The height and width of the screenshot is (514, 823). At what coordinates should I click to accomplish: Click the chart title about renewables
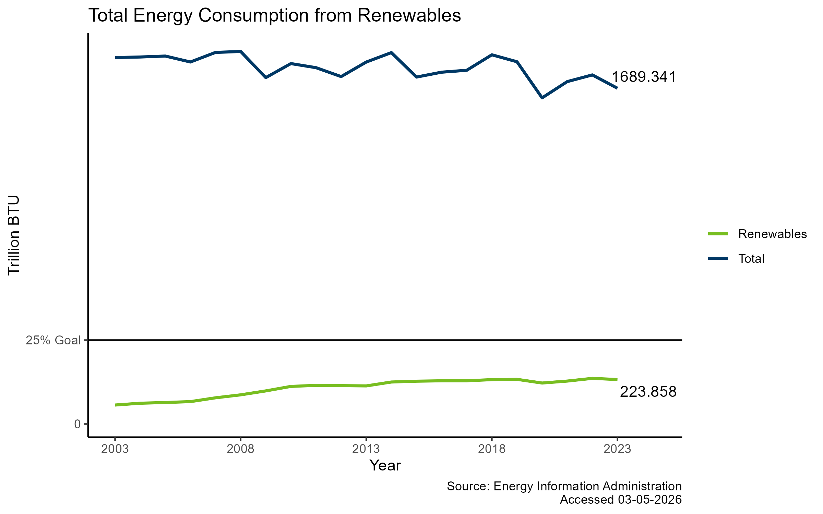(274, 15)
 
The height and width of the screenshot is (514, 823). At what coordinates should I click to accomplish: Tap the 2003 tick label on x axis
(115, 449)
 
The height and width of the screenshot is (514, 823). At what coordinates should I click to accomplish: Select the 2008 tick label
(240, 449)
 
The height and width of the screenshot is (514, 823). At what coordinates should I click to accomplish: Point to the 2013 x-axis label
(366, 449)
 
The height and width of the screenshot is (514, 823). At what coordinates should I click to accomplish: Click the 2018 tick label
(492, 449)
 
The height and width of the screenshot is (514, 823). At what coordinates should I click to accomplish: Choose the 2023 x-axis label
(617, 449)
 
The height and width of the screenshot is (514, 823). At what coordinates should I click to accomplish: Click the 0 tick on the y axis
(77, 424)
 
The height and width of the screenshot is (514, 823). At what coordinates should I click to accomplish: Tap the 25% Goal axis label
(53, 340)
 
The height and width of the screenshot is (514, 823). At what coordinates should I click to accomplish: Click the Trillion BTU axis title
(14, 235)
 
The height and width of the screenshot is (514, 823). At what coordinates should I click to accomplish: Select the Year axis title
(385, 466)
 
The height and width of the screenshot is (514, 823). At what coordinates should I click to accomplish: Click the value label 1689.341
(643, 77)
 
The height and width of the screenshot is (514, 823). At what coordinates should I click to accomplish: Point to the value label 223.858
(648, 392)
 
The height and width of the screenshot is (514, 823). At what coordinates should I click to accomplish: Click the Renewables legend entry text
(772, 234)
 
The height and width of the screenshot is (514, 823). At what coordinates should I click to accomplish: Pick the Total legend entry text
(751, 259)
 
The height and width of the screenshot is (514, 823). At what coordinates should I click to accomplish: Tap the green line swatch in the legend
(718, 234)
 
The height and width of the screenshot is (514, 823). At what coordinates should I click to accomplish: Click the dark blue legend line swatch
(718, 259)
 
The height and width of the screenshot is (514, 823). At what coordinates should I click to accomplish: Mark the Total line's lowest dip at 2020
(542, 98)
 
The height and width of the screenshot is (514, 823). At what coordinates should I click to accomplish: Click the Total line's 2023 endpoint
(617, 88)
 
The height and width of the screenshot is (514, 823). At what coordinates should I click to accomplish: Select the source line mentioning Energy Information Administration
(564, 486)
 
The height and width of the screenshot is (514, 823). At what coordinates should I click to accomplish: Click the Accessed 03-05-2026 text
(620, 500)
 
